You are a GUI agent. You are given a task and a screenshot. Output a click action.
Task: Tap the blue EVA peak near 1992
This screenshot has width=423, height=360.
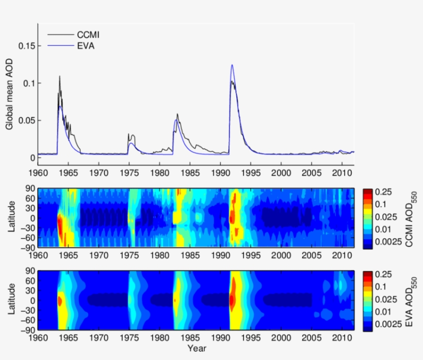tap(232, 65)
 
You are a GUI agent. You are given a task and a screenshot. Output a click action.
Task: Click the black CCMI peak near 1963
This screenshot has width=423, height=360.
tap(59, 76)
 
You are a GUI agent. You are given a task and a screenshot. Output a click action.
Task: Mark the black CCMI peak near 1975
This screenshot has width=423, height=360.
tap(128, 134)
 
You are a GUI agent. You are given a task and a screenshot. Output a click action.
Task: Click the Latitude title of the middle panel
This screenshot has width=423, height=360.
tap(10, 218)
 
